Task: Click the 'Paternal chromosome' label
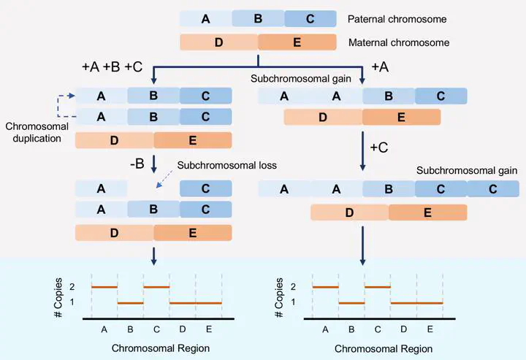click(x=397, y=19)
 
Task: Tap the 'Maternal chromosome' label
click(x=399, y=42)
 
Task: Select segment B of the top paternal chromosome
click(x=258, y=18)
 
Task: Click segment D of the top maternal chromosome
click(x=218, y=42)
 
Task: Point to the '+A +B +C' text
click(x=113, y=67)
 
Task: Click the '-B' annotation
click(x=137, y=164)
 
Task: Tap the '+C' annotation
click(x=379, y=148)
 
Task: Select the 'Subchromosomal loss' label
click(x=227, y=165)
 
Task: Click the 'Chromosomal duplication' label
click(x=37, y=132)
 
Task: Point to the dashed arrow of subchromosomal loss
click(x=164, y=179)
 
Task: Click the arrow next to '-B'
click(x=154, y=164)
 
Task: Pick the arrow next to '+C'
click(x=362, y=151)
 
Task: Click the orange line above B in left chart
click(x=131, y=303)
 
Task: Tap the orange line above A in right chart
click(x=325, y=287)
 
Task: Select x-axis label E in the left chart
click(x=209, y=329)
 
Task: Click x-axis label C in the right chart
click(x=378, y=329)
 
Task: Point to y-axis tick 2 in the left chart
click(x=72, y=287)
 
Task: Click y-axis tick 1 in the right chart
click(x=293, y=302)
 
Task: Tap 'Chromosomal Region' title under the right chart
click(x=384, y=349)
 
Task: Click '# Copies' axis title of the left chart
click(x=58, y=297)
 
